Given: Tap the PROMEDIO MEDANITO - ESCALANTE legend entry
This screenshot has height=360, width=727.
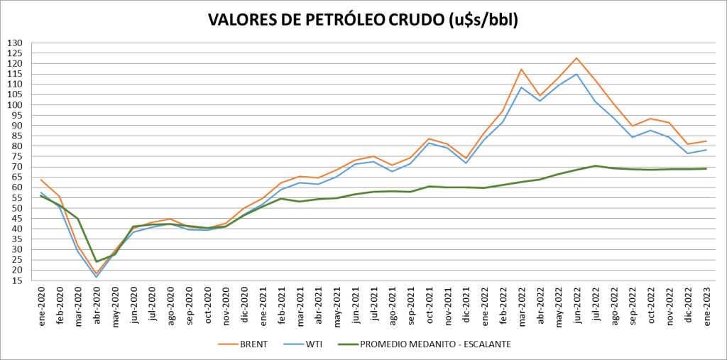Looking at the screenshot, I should pyautogui.click(x=434, y=344).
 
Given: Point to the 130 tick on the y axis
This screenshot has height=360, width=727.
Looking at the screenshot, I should pyautogui.click(x=16, y=43).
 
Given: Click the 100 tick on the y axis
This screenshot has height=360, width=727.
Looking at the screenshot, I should pyautogui.click(x=16, y=105).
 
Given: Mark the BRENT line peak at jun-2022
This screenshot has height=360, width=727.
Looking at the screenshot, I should pyautogui.click(x=576, y=58).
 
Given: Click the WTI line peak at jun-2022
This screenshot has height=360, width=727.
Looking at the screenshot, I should pyautogui.click(x=576, y=74).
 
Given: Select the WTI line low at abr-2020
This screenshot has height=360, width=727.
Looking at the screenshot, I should pyautogui.click(x=97, y=277).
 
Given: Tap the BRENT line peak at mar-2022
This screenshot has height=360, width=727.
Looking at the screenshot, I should pyautogui.click(x=521, y=70).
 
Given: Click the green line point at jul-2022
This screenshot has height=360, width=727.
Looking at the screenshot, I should pyautogui.click(x=595, y=166).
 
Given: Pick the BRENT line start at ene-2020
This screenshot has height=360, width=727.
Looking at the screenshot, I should pyautogui.click(x=41, y=180).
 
